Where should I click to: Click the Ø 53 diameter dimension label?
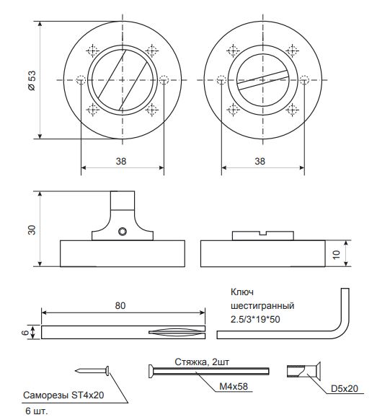pos(32,80)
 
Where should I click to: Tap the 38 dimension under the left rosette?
pos(121,161)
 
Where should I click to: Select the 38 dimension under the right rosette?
pos(260,161)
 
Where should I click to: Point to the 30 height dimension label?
pos(32,229)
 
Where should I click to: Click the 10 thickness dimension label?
pos(336,254)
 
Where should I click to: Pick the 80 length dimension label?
pos(120,306)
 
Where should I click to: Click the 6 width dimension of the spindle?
pos(25,333)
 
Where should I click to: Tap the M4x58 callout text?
pos(234,386)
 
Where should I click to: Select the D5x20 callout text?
pos(345,388)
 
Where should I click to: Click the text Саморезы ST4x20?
pos(63,395)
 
